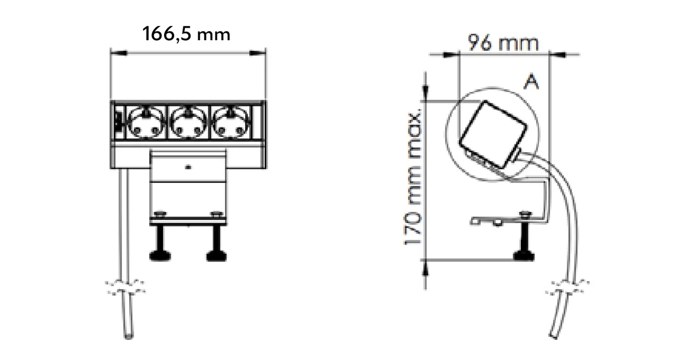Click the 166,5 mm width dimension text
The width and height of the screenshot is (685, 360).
point(186,34)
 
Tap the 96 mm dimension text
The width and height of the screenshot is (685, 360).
point(503,43)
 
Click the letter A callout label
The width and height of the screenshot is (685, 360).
point(531,83)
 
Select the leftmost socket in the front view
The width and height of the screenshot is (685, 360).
point(145,121)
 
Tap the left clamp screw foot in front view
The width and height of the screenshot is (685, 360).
point(161,256)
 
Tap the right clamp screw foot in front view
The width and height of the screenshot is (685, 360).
point(214,256)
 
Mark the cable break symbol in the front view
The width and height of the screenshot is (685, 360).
point(125,289)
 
